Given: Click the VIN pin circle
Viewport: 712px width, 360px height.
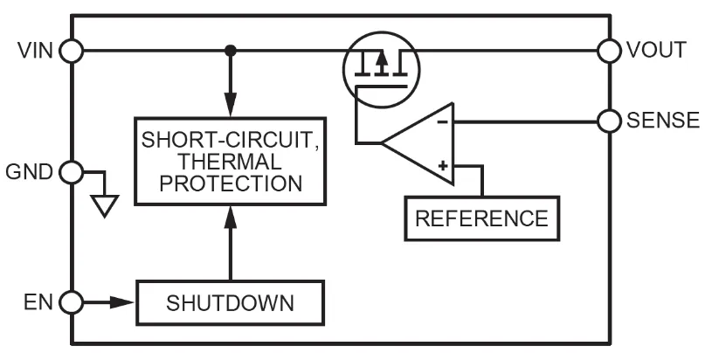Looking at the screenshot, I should pos(72,51).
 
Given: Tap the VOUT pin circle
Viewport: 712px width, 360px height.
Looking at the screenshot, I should pos(610,50).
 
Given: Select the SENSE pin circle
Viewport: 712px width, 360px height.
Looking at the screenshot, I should pos(610,120).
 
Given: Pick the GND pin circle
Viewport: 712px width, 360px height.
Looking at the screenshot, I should pos(72,170).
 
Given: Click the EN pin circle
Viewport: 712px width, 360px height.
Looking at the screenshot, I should pos(72,303).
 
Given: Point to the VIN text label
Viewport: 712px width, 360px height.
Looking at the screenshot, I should pos(36,51).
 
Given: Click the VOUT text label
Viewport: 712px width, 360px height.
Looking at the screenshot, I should pos(655,50).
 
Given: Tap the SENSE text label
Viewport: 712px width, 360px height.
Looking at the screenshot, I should pos(663,120).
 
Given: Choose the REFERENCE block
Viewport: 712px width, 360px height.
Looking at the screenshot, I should pos(481,217).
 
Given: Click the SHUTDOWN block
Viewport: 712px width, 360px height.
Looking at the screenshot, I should pos(231,303).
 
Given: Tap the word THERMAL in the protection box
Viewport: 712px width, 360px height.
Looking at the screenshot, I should pos(230,162).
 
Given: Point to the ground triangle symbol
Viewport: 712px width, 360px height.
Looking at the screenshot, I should pos(105,205).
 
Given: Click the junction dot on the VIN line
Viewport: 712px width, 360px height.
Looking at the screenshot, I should pos(231,51).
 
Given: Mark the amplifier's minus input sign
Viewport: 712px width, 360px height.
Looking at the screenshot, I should pos(442,121).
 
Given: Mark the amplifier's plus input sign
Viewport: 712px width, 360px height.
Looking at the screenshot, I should pos(442,163).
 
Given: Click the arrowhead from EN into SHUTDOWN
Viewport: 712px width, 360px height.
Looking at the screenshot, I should pos(128,303).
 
